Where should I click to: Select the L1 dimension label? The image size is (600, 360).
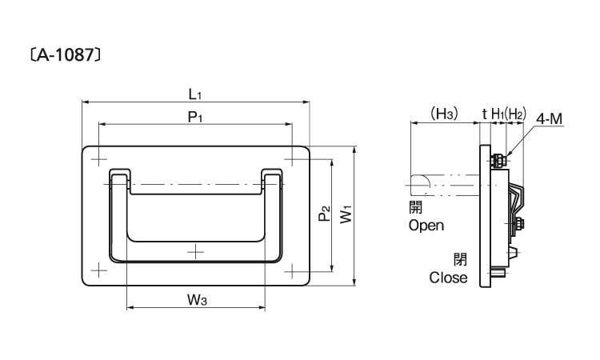pos(195,94)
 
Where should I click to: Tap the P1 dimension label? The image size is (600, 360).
pos(195,117)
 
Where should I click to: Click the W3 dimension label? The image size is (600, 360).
pos(198,301)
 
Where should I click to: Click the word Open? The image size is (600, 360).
pos(426,226)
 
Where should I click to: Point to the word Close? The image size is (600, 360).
pos(448,278)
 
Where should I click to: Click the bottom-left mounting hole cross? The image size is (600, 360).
pos(98,270)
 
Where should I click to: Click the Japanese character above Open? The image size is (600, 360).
pos(414,207)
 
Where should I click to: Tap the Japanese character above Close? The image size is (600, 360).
pos(459,259)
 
